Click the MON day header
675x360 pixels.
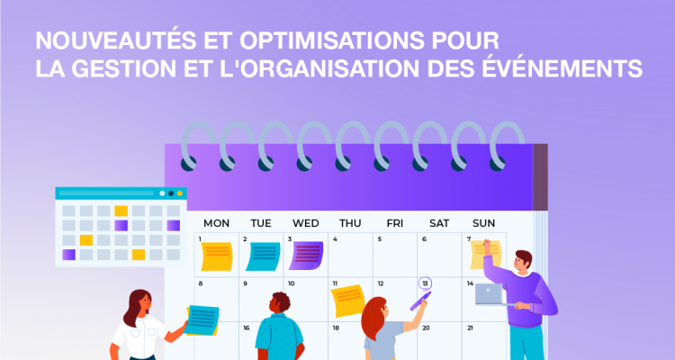(216, 223)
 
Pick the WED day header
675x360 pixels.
(306, 223)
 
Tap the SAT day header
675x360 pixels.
(439, 223)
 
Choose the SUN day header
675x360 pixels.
(483, 223)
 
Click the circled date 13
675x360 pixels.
(425, 283)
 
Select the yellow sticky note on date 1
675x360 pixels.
(216, 256)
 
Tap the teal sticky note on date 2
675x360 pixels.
(263, 256)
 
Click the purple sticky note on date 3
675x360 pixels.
(307, 256)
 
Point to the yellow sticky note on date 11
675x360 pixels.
(347, 300)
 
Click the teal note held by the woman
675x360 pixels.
(202, 319)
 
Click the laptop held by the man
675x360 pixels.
(491, 294)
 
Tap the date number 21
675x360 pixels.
(470, 328)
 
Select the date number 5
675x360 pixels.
(380, 239)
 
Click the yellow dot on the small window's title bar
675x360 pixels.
(180, 193)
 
